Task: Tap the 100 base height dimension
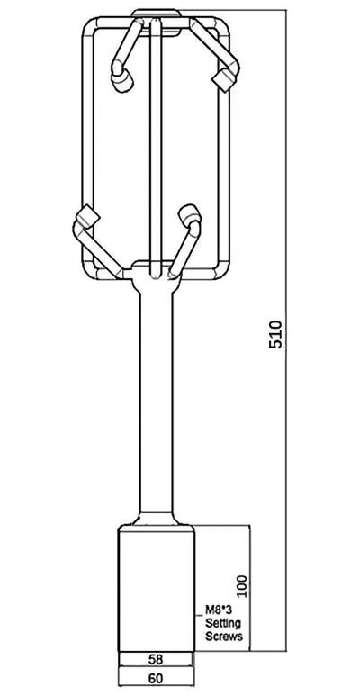(239, 585)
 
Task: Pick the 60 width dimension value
(157, 678)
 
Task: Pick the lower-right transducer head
(189, 216)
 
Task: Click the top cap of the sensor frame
(156, 14)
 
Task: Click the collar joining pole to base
(157, 520)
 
